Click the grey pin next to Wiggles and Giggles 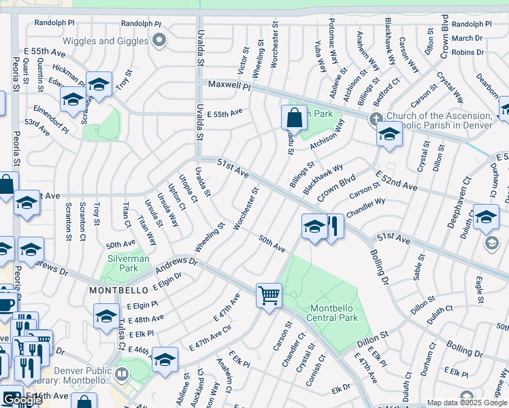point(159,41)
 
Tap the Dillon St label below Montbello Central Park point(372,335)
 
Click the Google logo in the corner point(22,400)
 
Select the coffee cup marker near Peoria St point(6,303)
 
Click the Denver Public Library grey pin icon point(121,373)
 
